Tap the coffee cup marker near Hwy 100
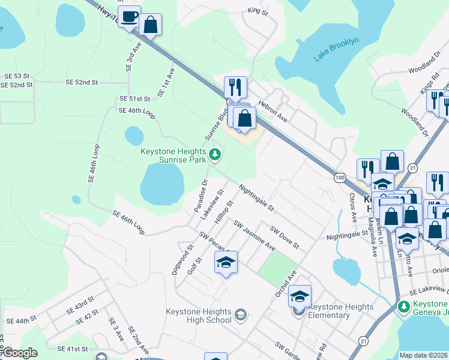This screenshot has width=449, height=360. pos(129,17)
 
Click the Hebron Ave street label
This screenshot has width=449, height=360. pos(274,112)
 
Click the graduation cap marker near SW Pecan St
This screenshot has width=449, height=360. pos(226,263)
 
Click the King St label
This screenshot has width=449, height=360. pos(257,11)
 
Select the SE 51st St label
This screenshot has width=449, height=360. pos(134,98)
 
